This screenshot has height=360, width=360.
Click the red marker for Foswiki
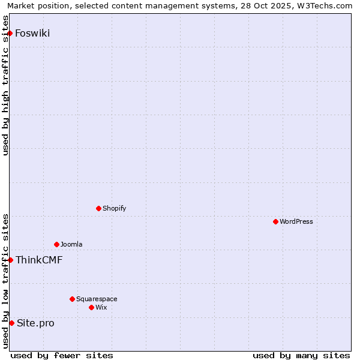coord(10,33)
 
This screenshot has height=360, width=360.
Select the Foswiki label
coord(32,33)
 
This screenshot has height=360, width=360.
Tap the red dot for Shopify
coord(99,208)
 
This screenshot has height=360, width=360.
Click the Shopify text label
coord(114,208)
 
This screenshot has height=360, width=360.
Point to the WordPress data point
coord(276,221)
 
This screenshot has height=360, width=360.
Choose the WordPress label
coord(296,221)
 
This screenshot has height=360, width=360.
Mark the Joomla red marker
coord(57,244)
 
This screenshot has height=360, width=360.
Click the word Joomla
coord(71,244)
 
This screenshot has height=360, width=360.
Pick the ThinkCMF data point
coord(10,260)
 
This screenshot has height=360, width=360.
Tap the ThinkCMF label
coord(39,260)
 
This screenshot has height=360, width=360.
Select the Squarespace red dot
coord(73,299)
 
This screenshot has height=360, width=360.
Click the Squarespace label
coord(97,299)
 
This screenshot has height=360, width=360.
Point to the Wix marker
coord(92,307)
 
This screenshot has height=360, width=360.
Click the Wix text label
coord(101,307)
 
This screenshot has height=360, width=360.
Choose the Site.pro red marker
coord(11,323)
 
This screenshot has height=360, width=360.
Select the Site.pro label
coord(35,323)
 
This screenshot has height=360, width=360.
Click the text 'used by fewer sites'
coord(62,355)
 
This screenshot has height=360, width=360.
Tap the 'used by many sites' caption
coord(301,355)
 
